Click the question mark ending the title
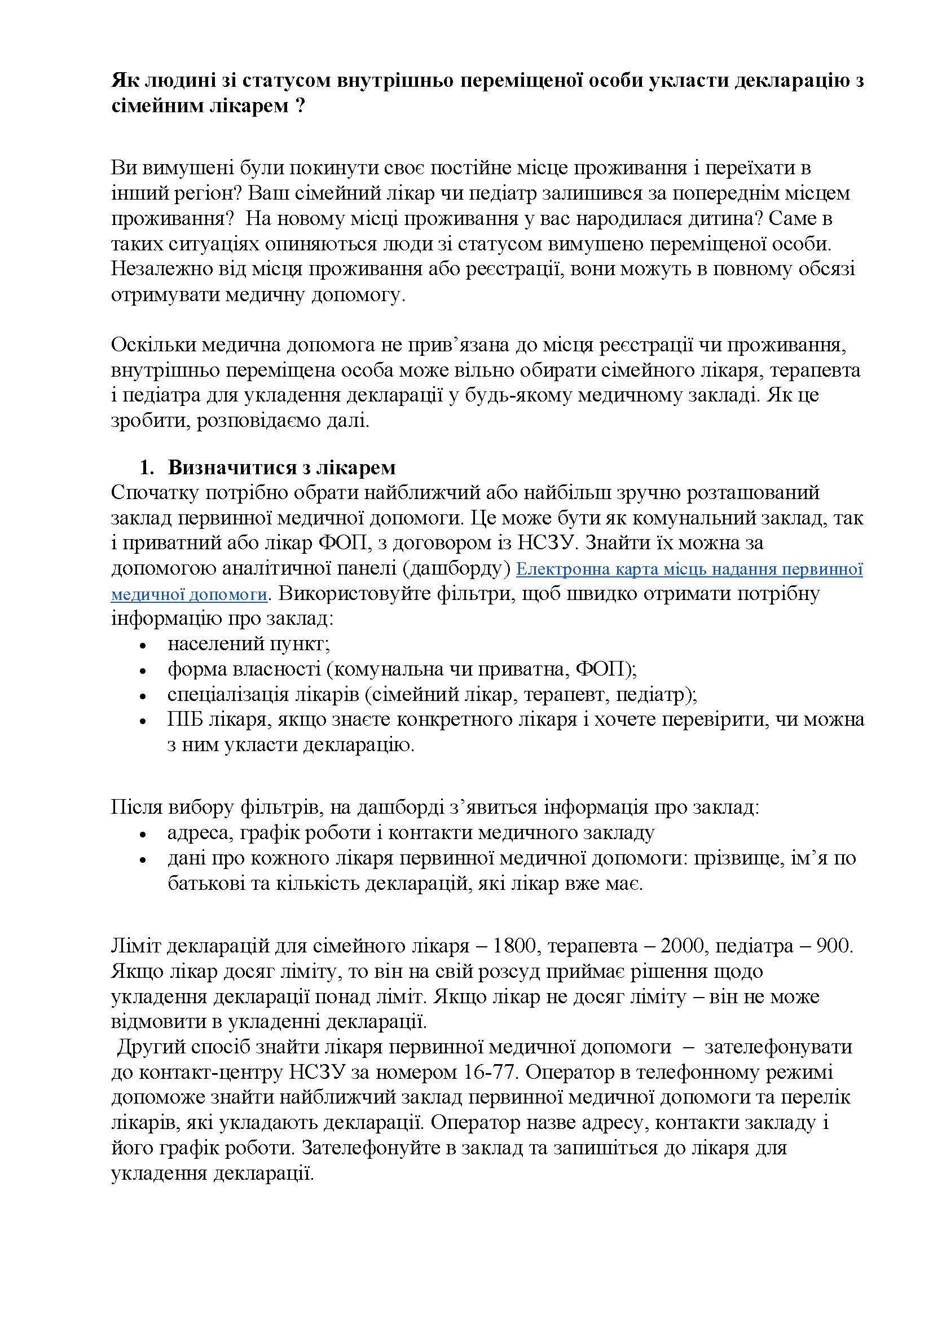coord(299,106)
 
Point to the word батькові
coord(205,884)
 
